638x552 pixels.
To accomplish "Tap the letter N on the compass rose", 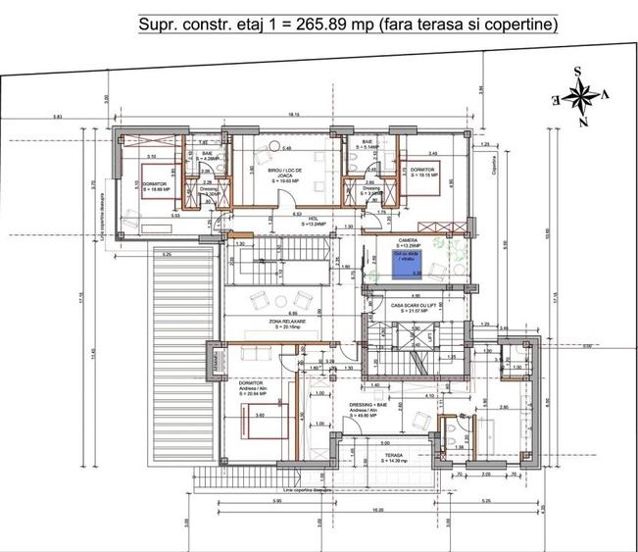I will (582, 123).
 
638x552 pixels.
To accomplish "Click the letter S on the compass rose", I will (579, 71).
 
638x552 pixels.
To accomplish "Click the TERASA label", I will (394, 457).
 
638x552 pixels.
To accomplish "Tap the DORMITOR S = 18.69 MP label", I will (154, 188).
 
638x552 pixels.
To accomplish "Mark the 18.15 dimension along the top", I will (293, 116).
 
